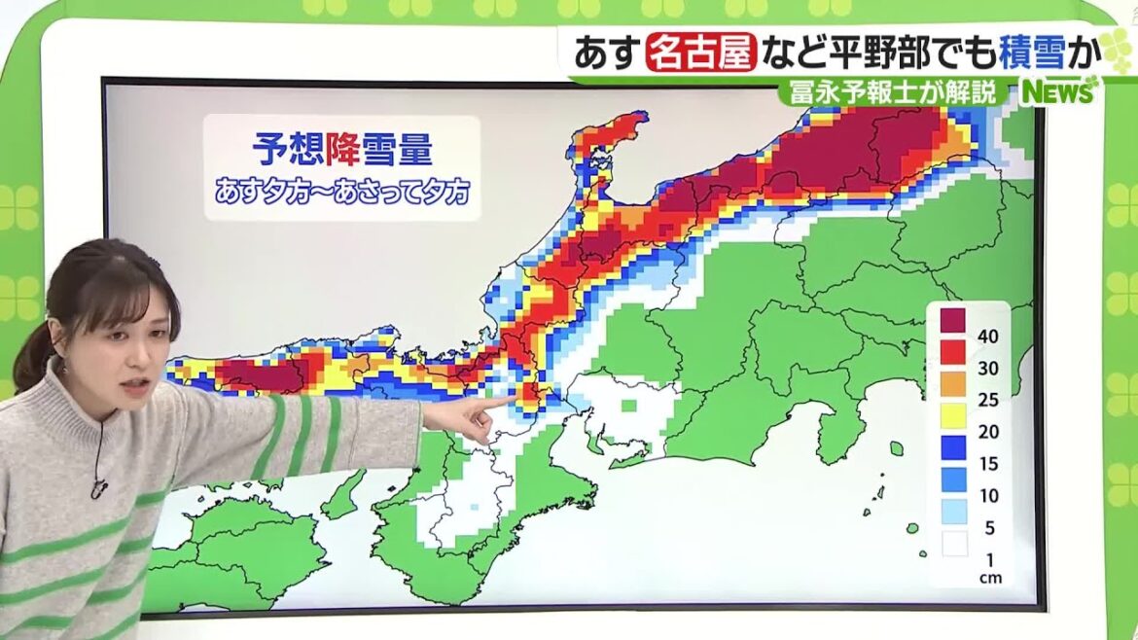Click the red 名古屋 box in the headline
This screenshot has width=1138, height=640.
700,52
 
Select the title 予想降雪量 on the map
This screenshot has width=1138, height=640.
341,151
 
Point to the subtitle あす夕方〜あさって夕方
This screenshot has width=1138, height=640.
341,192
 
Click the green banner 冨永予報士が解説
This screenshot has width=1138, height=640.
893,93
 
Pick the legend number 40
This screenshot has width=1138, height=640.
988,337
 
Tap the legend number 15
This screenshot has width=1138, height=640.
988,463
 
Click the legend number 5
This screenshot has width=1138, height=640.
988,527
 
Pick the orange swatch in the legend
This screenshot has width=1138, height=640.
953,384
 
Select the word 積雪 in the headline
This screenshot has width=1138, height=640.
1022,52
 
